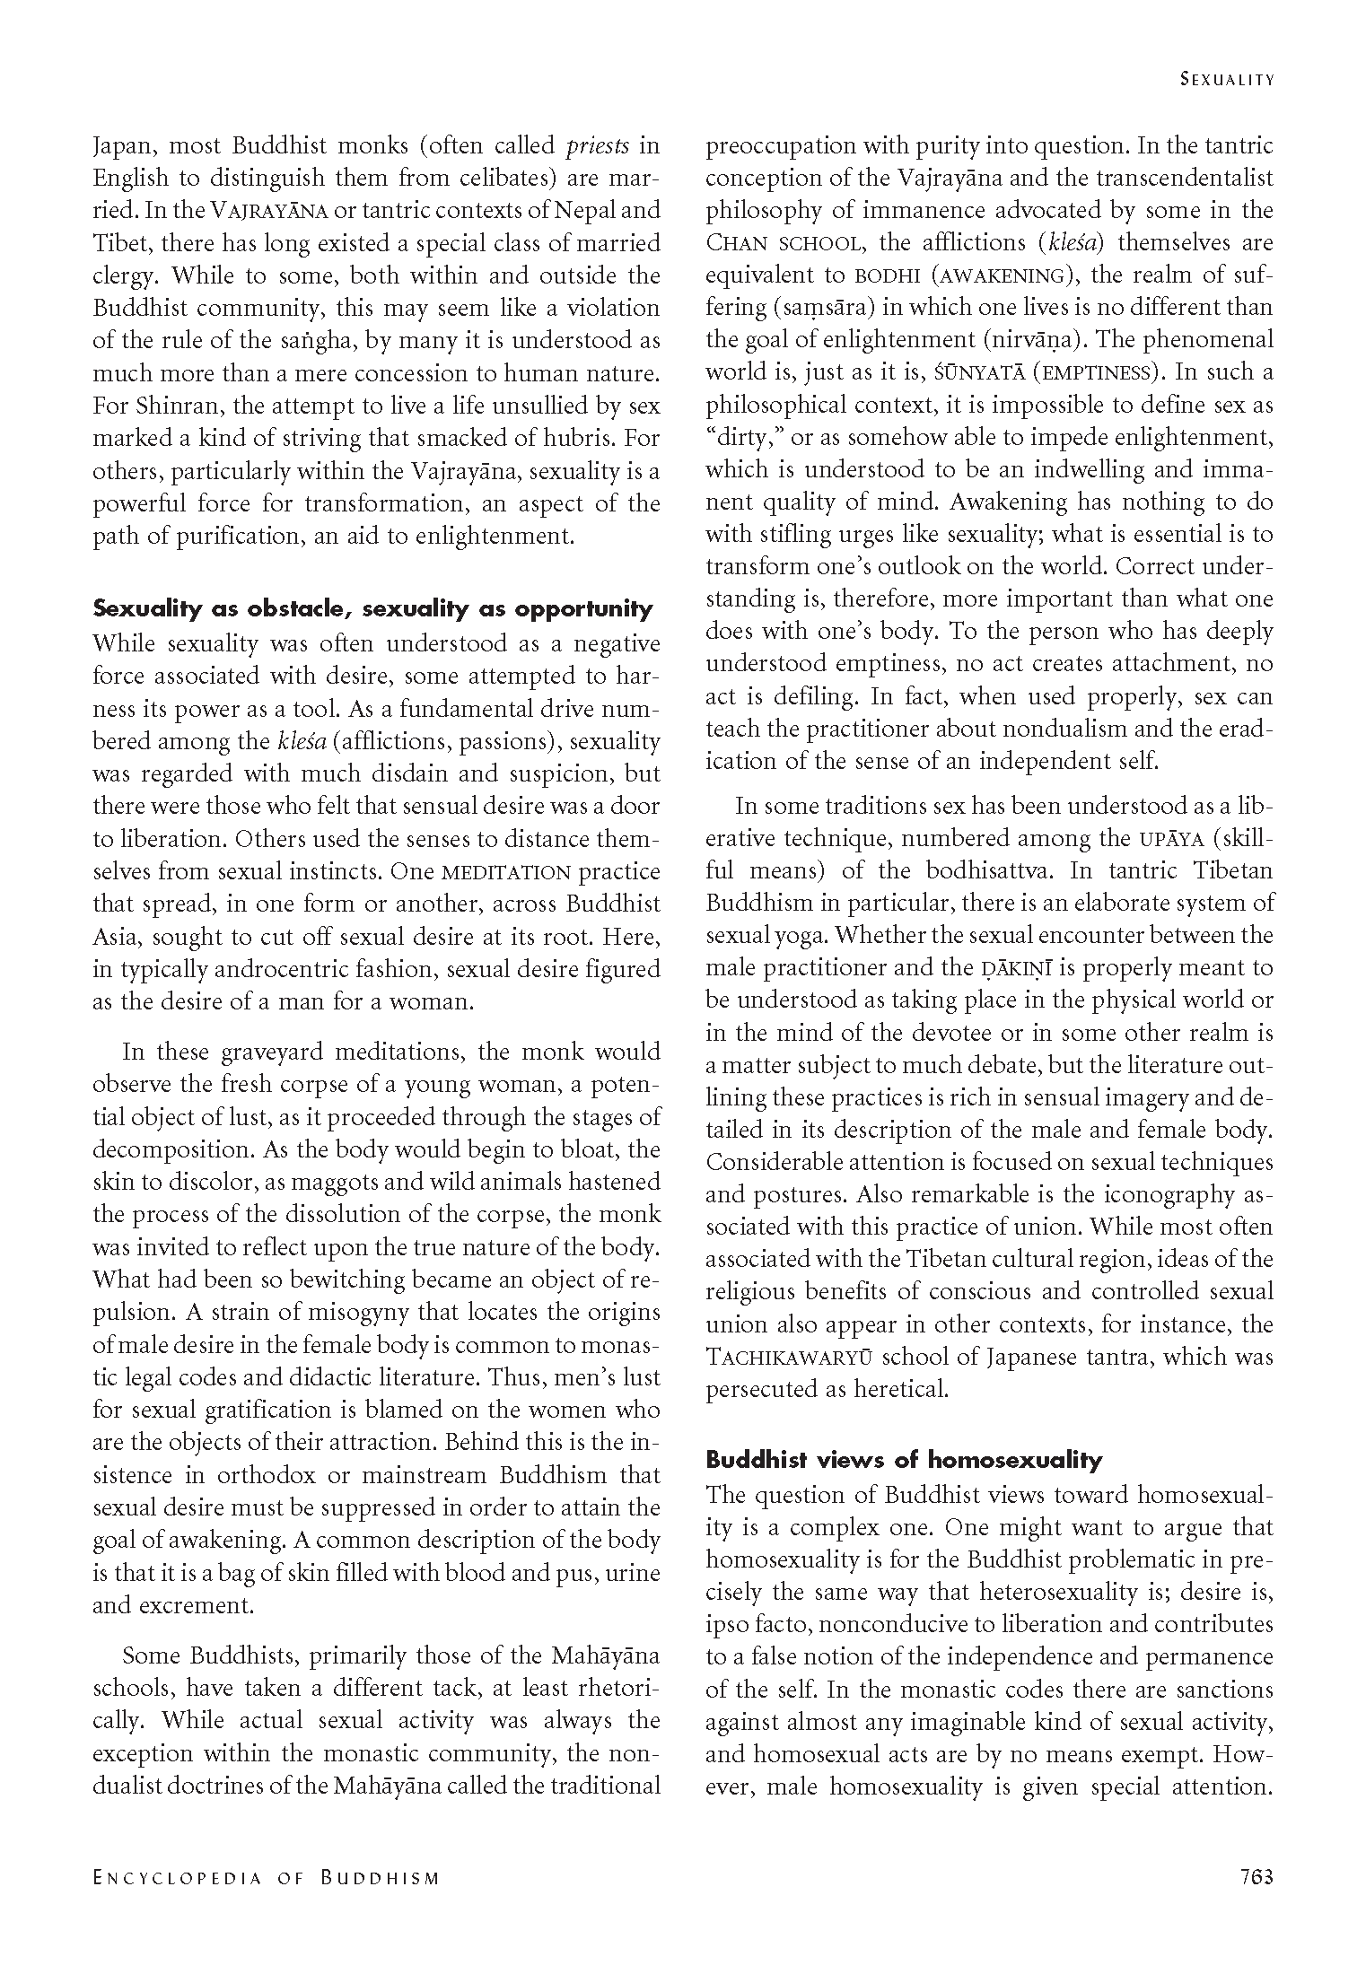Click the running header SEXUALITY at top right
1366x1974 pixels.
(x=1227, y=79)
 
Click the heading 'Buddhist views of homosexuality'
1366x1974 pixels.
(x=904, y=1460)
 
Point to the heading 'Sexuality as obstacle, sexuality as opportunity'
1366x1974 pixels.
(x=372, y=609)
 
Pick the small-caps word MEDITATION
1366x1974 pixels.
(x=507, y=872)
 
